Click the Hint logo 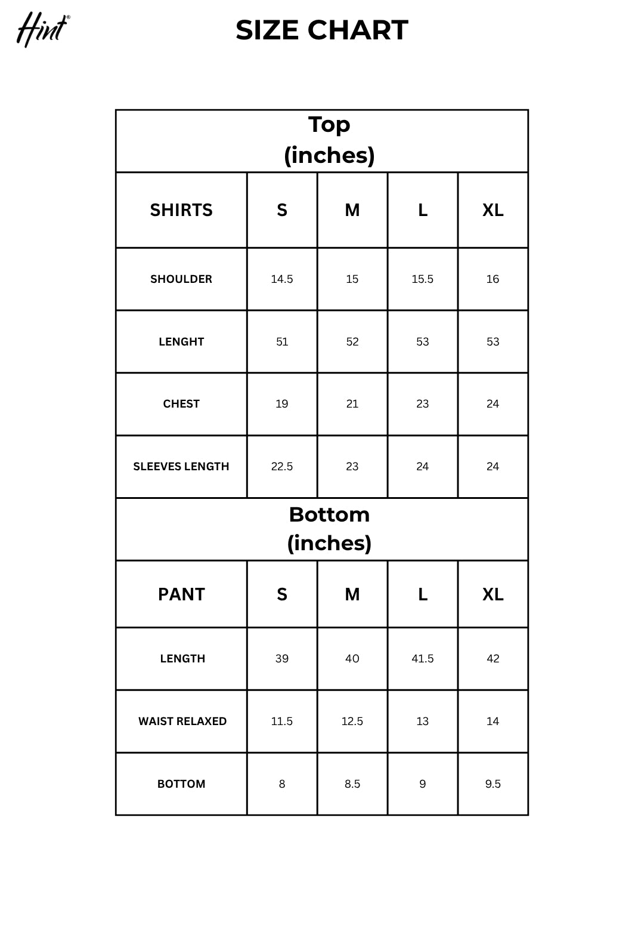click(42, 29)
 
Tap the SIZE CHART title click(322, 30)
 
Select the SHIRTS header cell click(181, 210)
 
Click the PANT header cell click(181, 594)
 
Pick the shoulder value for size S click(282, 279)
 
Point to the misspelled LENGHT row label click(181, 342)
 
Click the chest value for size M click(352, 404)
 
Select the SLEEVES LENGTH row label click(181, 467)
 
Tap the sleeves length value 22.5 click(282, 467)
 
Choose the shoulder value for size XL click(493, 279)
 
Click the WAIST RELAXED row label click(182, 721)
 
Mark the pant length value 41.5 click(423, 659)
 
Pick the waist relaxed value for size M click(352, 721)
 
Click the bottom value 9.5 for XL click(493, 784)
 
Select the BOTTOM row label click(181, 784)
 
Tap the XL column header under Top click(493, 210)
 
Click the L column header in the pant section click(423, 594)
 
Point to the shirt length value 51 click(282, 342)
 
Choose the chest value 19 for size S click(282, 404)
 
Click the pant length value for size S click(282, 659)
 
